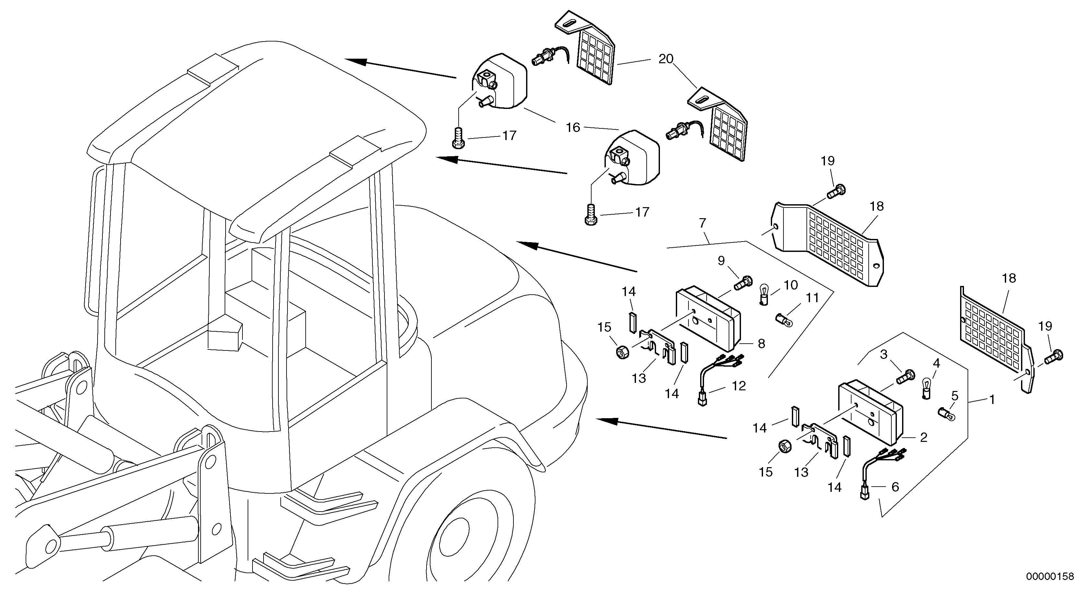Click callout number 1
coord(992,400)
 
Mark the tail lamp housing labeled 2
coord(871,414)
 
